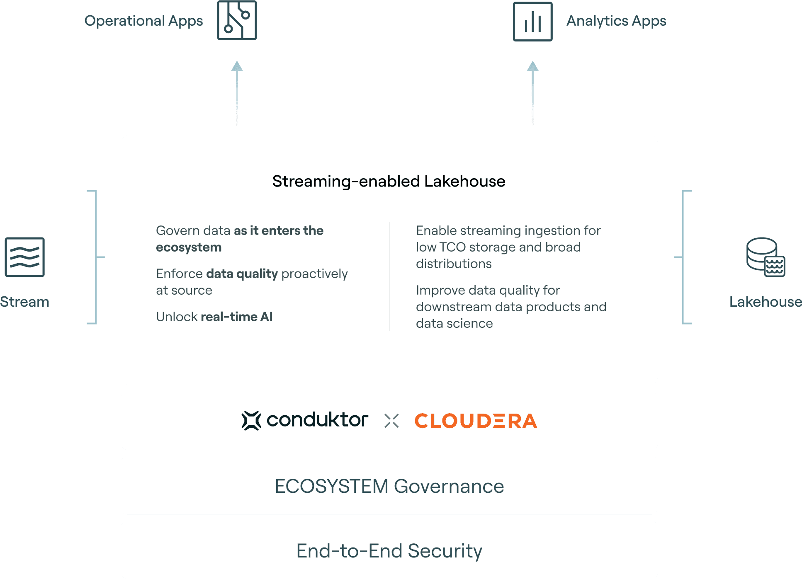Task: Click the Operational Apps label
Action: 143,21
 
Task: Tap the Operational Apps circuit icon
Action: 237,20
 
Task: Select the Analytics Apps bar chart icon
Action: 532,22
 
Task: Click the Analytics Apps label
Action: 616,21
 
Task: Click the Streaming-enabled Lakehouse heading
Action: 389,181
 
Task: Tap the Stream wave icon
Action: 24,257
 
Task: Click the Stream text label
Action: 25,302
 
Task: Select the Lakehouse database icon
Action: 766,257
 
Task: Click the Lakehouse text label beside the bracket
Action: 765,302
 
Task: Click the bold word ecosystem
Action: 189,247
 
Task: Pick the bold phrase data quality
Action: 242,274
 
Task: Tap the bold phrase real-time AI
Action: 236,317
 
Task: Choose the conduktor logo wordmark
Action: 317,420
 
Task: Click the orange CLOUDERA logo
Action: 476,421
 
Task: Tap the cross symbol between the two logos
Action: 391,421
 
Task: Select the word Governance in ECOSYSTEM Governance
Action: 449,486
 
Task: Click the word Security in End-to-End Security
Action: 445,551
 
